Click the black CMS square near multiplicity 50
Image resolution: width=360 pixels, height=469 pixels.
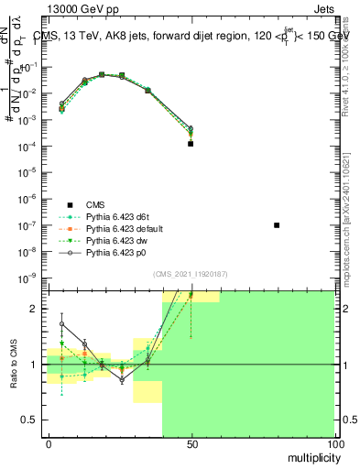[191, 144]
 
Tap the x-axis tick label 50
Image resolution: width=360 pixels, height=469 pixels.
[191, 443]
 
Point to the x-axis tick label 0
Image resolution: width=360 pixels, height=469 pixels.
[49, 443]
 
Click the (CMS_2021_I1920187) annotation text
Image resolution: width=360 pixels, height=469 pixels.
[191, 273]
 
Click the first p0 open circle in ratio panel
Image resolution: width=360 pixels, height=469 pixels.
[62, 323]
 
